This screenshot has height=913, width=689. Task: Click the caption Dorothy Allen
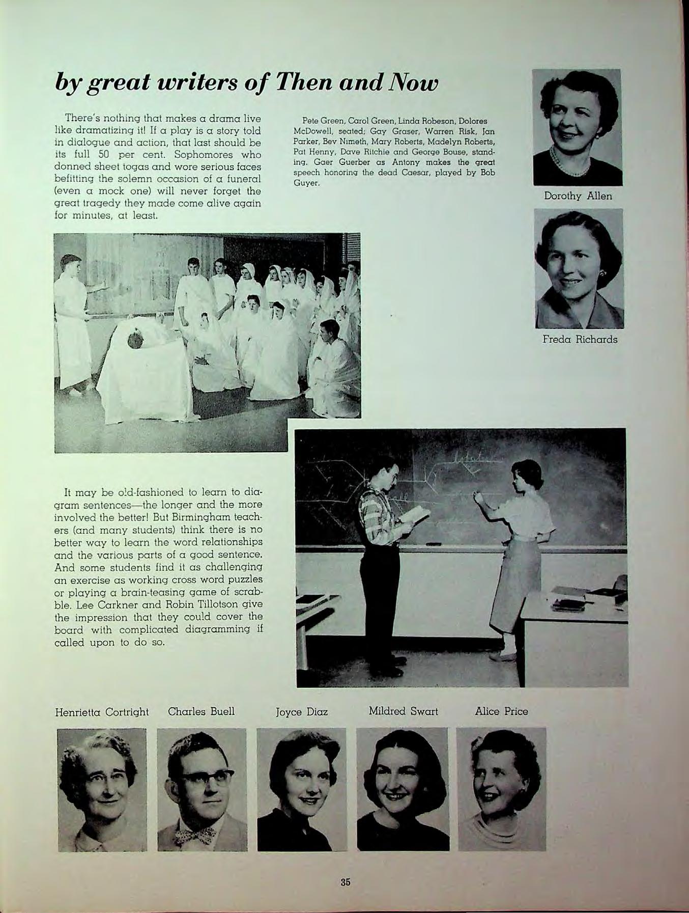(x=578, y=196)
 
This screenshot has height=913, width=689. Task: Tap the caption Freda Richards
(x=580, y=339)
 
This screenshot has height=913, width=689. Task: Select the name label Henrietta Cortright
(x=102, y=712)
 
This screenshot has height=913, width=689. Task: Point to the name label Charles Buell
(x=202, y=711)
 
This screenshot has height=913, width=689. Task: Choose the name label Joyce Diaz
(x=301, y=712)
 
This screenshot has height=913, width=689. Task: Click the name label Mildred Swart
(x=403, y=711)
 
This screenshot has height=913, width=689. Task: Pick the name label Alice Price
(x=501, y=711)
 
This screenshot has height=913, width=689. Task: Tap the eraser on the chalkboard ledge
(x=434, y=544)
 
